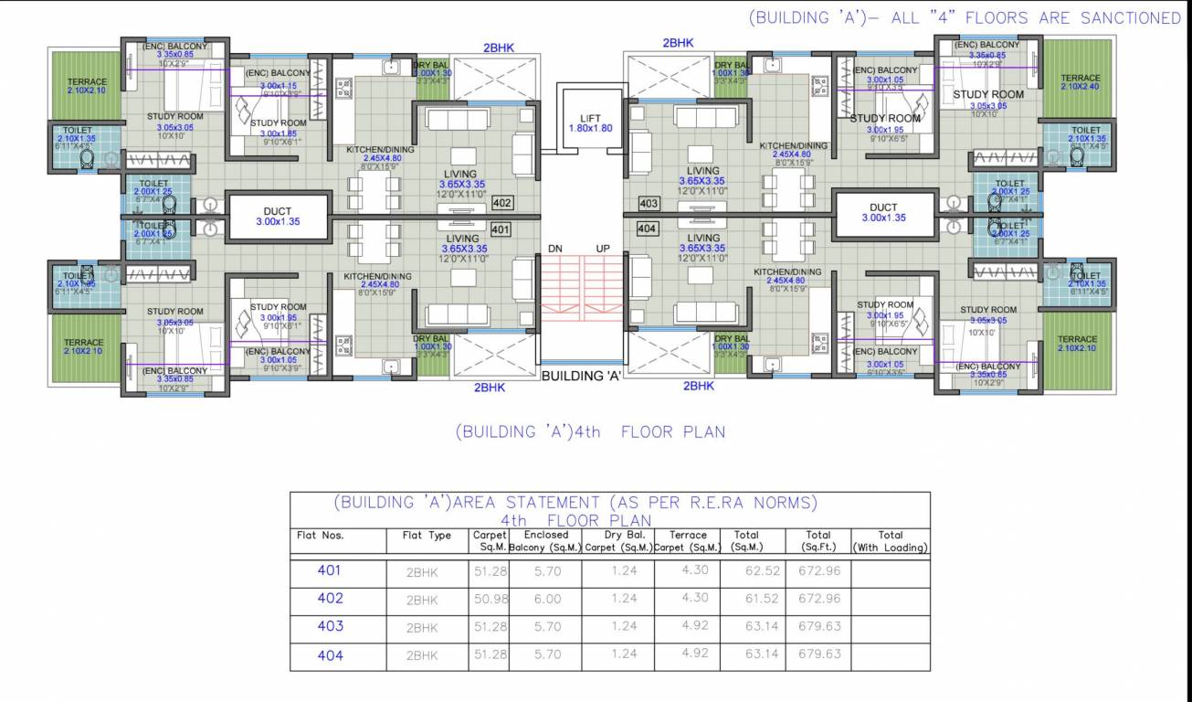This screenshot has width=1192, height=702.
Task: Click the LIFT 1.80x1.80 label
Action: pyautogui.click(x=590, y=122)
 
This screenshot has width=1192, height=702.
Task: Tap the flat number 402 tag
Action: pyautogui.click(x=501, y=203)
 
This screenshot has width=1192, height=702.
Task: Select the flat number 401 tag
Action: pyautogui.click(x=501, y=229)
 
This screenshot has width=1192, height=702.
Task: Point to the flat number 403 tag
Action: pyautogui.click(x=649, y=203)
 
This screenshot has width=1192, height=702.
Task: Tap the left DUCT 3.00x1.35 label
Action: pyautogui.click(x=277, y=217)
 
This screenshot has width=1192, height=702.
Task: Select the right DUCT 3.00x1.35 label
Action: pyautogui.click(x=883, y=213)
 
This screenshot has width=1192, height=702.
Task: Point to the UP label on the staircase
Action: pyautogui.click(x=603, y=249)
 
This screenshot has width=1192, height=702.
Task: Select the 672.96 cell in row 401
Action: pyautogui.click(x=818, y=571)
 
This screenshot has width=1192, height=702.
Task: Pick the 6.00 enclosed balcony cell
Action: pyautogui.click(x=546, y=600)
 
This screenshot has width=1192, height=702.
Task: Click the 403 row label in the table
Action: pyautogui.click(x=330, y=626)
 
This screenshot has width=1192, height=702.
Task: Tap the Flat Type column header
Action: pyautogui.click(x=427, y=536)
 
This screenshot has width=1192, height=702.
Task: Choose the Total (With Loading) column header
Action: pyautogui.click(x=890, y=541)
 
